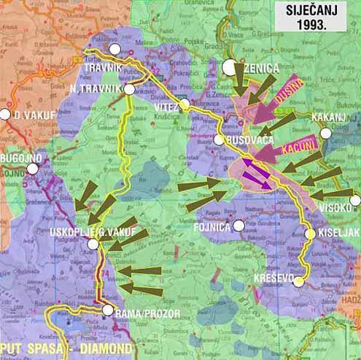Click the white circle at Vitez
[x=185, y=104]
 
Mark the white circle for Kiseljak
[x=309, y=234]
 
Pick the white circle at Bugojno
[x=33, y=169]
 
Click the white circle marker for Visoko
[x=355, y=200]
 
